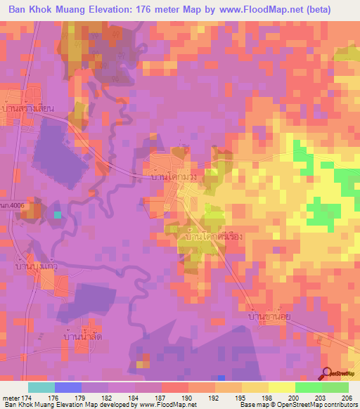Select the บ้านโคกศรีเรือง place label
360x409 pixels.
click(212, 238)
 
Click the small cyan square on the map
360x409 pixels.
click(58, 214)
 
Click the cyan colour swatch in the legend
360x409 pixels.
click(41, 387)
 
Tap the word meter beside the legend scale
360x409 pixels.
click(13, 397)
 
